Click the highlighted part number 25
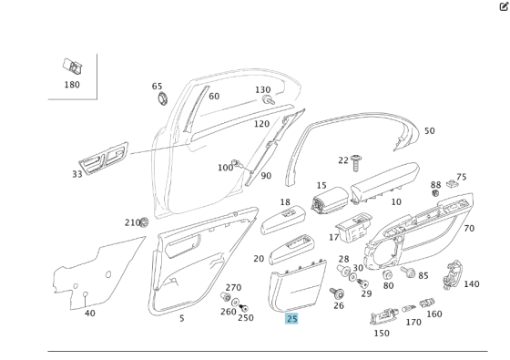coord(291,319)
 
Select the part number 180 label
coord(72,85)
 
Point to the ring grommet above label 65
coord(162,98)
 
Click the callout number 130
coord(262,90)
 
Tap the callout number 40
coord(89,314)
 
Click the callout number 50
coord(429,131)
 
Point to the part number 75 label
coord(461,178)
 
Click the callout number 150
coord(381,333)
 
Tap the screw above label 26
coord(339,293)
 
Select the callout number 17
coord(334,238)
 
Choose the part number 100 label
coord(225,168)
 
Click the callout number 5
coord(181,318)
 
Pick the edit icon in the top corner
coord(503,5)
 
